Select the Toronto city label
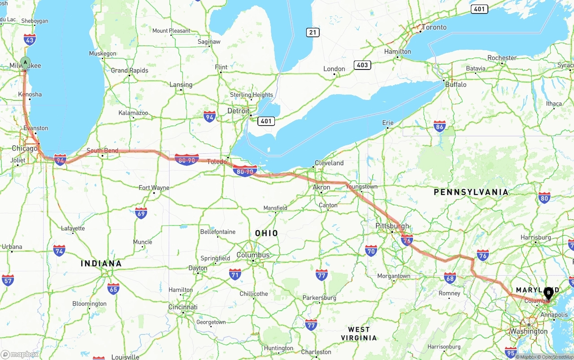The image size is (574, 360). tap(434, 27)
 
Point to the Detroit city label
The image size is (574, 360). tap(238, 111)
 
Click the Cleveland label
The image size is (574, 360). tap(329, 163)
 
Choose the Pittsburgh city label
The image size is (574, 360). tap(392, 226)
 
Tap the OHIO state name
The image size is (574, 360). tap(266, 233)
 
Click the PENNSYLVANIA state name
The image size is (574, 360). tap(471, 192)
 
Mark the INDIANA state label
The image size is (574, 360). tap(101, 263)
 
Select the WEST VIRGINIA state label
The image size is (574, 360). tap(359, 334)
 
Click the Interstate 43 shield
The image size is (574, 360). tap(30, 39)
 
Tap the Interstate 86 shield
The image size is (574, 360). tap(439, 127)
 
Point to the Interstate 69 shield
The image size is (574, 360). tap(141, 213)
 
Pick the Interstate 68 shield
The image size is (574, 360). tap(450, 278)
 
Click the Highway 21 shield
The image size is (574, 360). tap(313, 32)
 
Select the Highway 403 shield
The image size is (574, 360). tap(362, 65)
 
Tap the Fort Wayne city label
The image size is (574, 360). tap(154, 187)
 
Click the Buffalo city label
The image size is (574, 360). tap(456, 84)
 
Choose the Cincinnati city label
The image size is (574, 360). tap(183, 307)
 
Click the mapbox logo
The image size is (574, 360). tap(20, 354)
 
